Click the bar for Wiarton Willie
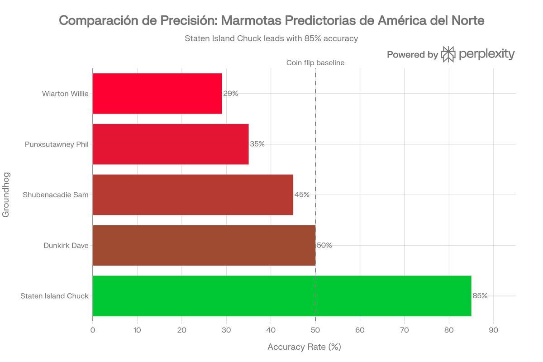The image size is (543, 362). point(157,94)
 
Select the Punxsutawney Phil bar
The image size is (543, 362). point(171,144)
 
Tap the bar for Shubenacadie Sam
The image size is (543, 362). point(193,195)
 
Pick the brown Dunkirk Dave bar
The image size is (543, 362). point(204,245)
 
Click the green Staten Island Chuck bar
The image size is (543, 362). point(281,296)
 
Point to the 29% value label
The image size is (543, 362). point(231,94)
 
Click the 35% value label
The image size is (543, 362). point(257,144)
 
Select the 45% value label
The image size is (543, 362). point(302,195)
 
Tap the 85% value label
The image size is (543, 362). point(480,296)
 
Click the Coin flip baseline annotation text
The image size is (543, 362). point(315,63)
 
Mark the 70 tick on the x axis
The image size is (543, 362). point(405,330)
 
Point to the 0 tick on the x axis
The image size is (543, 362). point(93,330)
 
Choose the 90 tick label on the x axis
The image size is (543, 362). point(494,330)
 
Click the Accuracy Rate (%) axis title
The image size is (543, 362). point(304,347)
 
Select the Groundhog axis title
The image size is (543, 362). point(6,194)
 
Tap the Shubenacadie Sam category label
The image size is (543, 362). point(56,195)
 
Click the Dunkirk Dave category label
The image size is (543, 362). point(66,245)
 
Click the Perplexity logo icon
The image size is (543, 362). point(448,54)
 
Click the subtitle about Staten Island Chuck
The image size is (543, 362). point(271,38)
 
